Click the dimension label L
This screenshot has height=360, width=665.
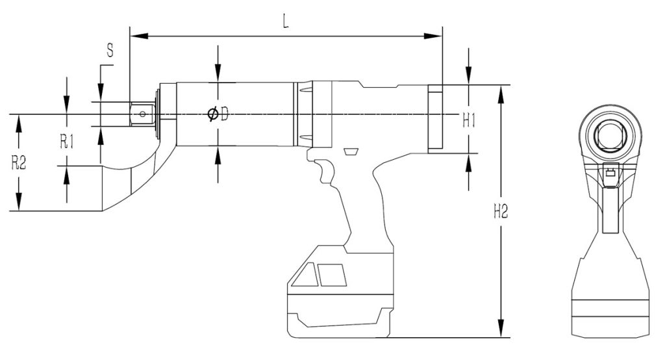(x=286, y=20)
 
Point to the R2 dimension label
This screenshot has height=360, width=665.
(x=19, y=163)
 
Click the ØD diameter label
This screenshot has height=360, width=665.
(x=218, y=115)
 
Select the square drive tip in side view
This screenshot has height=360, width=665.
(x=141, y=114)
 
